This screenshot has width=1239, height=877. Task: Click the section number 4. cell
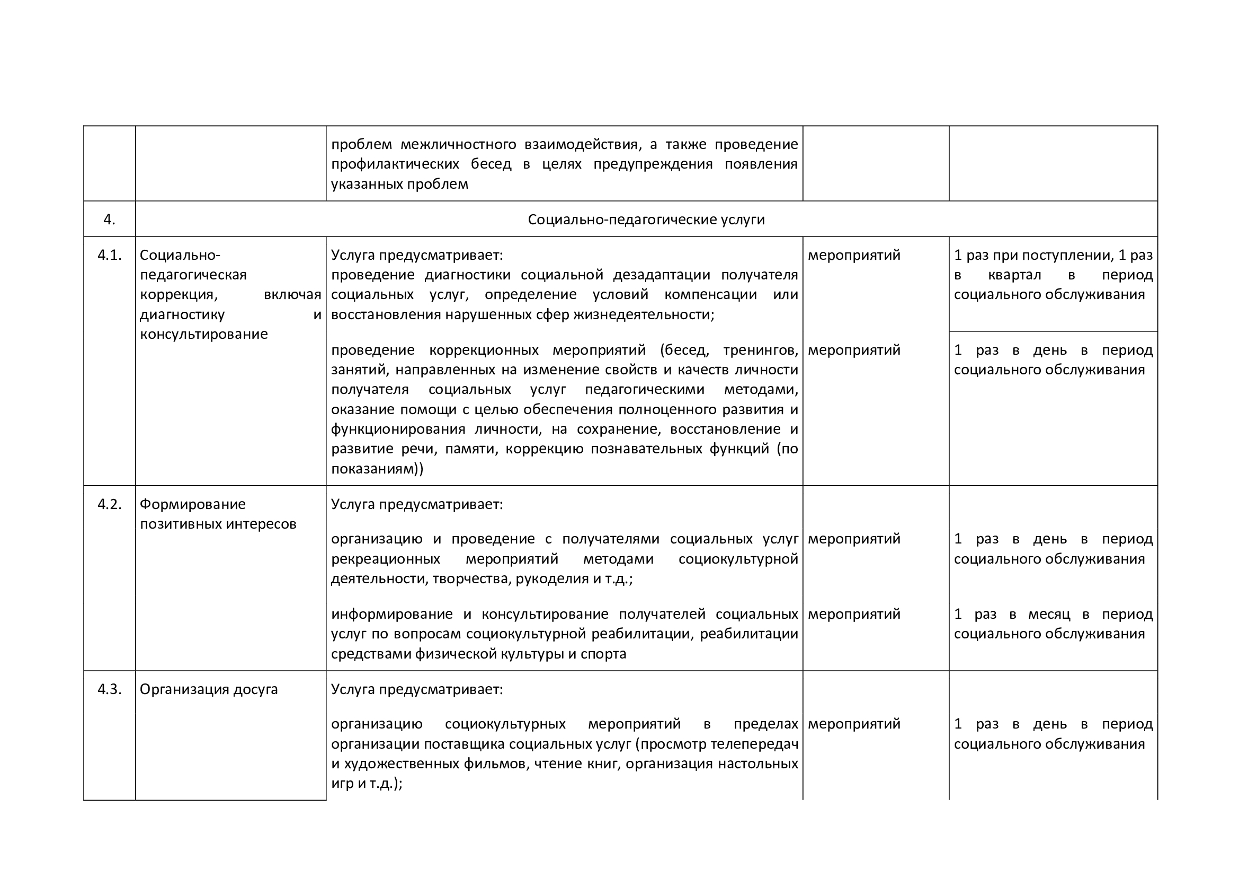click(109, 220)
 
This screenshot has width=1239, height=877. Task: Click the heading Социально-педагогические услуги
click(646, 220)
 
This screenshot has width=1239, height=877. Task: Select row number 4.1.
click(109, 255)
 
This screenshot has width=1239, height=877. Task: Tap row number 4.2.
click(109, 504)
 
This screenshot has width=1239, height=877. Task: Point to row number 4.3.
click(109, 690)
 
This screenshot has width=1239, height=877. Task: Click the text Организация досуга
click(208, 690)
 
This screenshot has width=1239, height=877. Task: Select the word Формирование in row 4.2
click(193, 504)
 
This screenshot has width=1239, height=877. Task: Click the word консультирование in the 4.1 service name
click(203, 334)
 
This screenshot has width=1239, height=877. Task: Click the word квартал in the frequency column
click(1014, 275)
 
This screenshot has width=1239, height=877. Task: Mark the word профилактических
click(395, 164)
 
